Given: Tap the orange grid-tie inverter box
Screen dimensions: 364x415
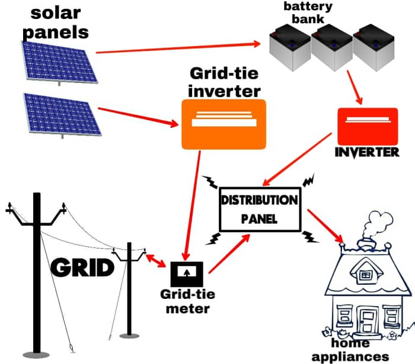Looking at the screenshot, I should click(x=224, y=124).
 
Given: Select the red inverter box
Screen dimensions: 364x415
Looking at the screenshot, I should click(x=366, y=125).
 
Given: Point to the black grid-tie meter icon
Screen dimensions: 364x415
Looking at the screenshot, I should click(x=187, y=273).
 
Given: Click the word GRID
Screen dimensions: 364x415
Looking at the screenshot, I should click(x=82, y=268).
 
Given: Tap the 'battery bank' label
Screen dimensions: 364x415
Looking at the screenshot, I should click(x=308, y=13).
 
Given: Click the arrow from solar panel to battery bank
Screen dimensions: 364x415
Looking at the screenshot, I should click(x=178, y=47).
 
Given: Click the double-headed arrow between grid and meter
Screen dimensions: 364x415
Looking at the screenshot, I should click(x=155, y=260).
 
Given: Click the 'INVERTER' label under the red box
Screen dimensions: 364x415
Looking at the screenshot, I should click(x=367, y=152).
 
